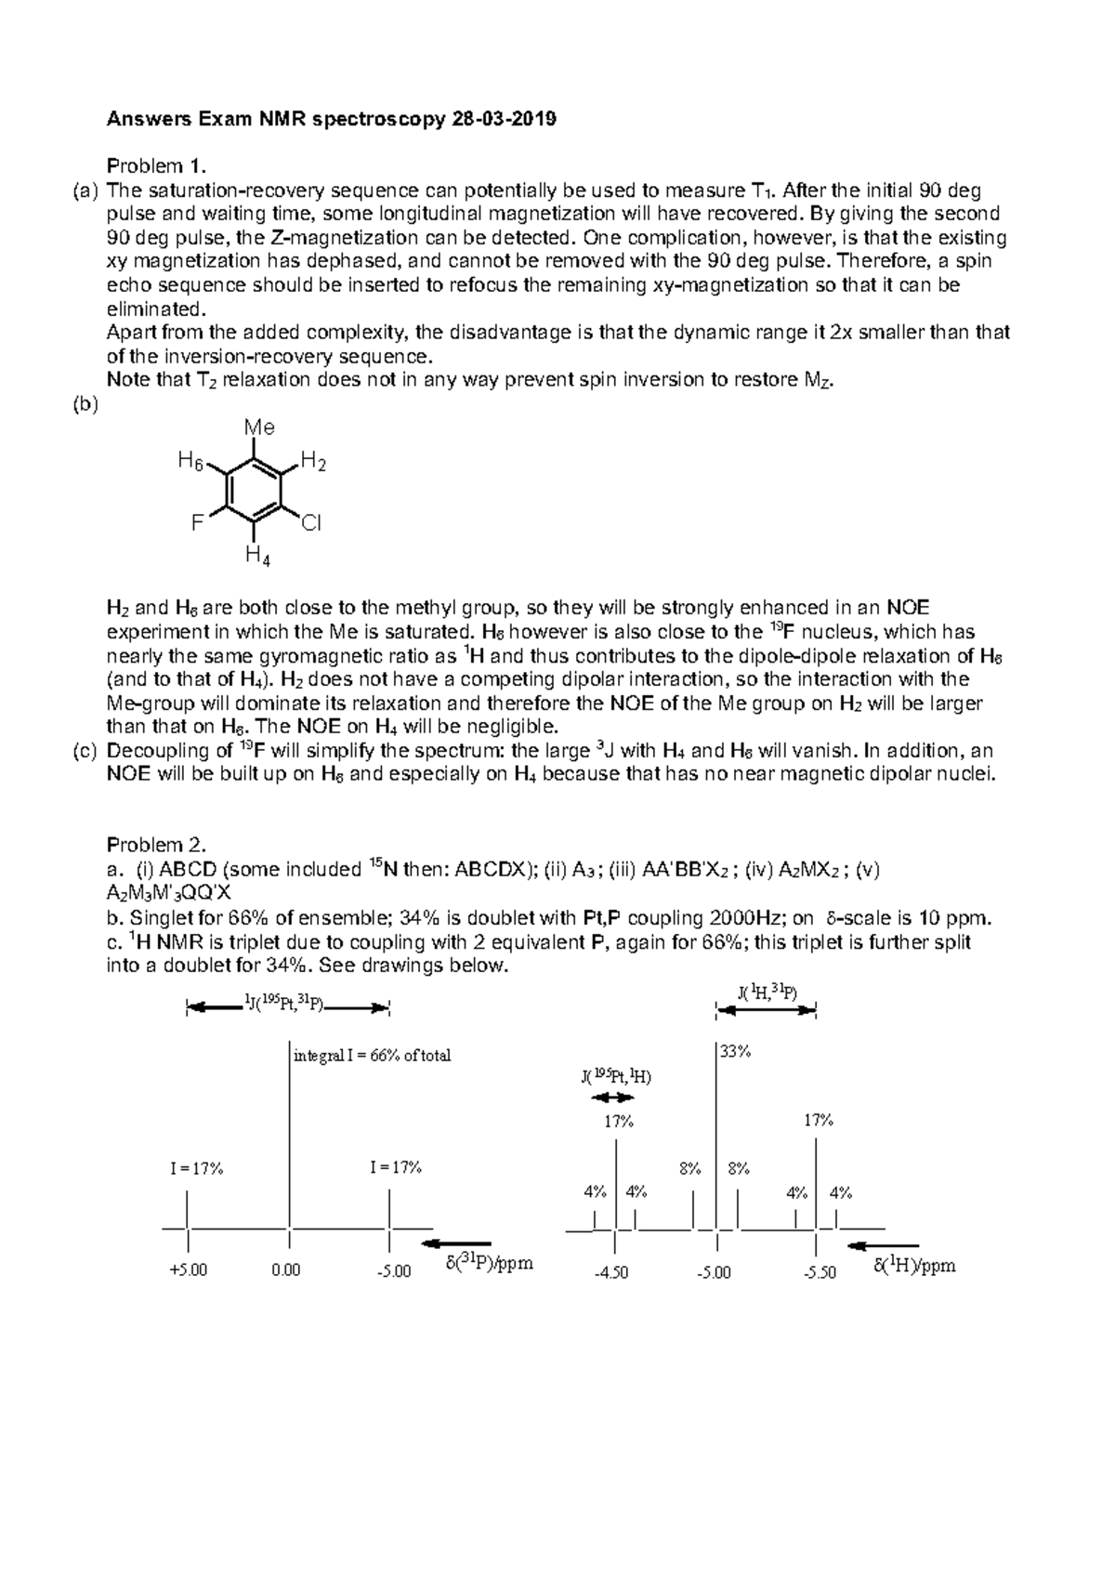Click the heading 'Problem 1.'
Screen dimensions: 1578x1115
[x=154, y=166]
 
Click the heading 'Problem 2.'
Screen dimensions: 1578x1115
[x=154, y=845]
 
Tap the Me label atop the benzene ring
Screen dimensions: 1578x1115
[x=259, y=427]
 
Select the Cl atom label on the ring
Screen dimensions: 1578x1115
[x=310, y=524]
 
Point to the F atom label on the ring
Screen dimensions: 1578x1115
[x=196, y=523]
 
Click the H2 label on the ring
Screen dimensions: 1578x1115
[x=313, y=462]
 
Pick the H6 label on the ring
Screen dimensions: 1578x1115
[x=190, y=460]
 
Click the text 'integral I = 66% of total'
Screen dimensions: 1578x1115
[x=372, y=1055]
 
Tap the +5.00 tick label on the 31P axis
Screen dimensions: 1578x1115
[x=189, y=1270]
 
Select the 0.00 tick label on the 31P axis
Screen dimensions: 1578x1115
[x=286, y=1270]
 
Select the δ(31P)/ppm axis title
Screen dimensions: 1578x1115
[x=490, y=1265]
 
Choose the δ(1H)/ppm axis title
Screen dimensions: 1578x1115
[x=914, y=1266]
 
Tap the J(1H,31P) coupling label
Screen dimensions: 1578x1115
[x=766, y=993]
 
